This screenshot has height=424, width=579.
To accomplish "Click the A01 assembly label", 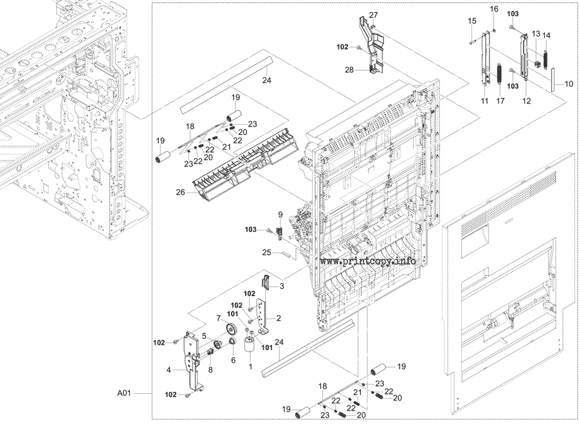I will pos(125,393).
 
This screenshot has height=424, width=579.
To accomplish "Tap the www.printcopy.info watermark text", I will pos(367,261).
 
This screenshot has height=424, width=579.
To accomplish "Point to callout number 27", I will pos(373,15).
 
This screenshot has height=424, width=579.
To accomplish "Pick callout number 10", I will pos(569,84).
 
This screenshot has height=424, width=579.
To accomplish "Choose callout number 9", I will pos(280,214).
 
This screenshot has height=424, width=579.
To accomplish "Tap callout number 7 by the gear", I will pos(218,318).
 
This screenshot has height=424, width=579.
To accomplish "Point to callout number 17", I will pos(501,102).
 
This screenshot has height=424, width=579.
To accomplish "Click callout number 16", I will pos(494,9).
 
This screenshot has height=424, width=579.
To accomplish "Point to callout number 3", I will pos(281,285).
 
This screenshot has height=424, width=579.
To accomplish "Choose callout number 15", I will pos(472,21).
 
